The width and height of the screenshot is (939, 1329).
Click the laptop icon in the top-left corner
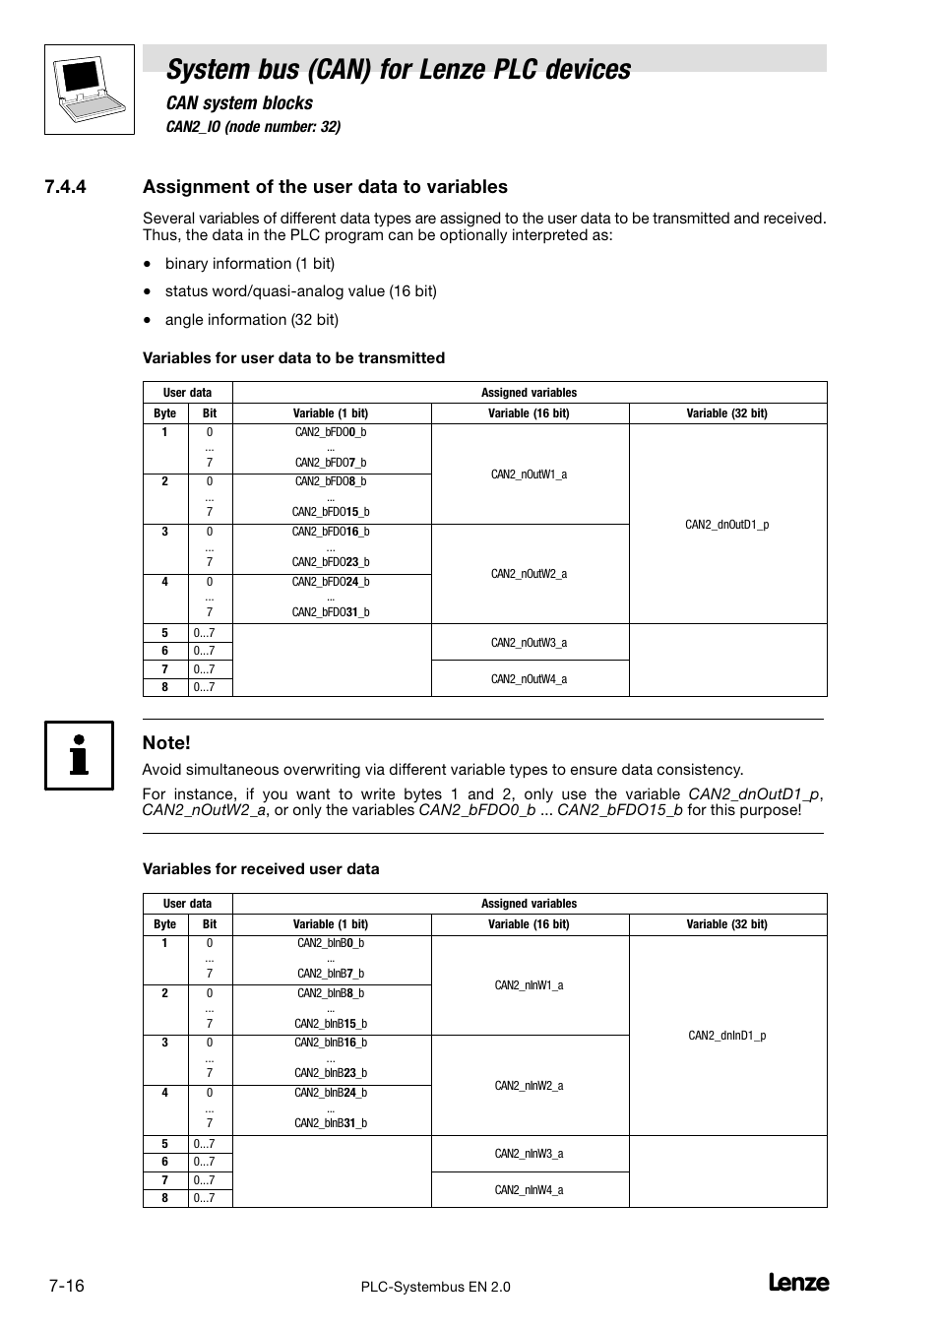(90, 90)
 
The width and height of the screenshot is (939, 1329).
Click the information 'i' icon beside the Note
(79, 755)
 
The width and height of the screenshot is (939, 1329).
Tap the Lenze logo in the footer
(797, 1283)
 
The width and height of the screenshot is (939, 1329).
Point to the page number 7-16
(65, 1286)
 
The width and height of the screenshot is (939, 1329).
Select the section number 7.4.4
(65, 187)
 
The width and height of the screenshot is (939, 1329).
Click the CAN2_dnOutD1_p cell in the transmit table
(727, 525)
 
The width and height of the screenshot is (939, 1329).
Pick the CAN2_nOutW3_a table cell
(529, 643)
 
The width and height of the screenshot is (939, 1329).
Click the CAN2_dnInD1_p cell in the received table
(727, 1036)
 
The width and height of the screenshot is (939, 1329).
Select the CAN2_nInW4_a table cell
(529, 1190)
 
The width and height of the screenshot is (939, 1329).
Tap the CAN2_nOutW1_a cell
(529, 475)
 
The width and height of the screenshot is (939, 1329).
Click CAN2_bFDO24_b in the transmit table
(331, 582)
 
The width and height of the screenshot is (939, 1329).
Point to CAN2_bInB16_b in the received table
(331, 1043)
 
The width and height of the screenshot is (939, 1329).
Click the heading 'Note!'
(166, 743)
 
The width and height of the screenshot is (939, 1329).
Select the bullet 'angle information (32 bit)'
(252, 320)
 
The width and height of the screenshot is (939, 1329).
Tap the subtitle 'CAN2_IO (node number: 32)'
(253, 127)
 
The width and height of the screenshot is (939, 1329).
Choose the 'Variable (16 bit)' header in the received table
(529, 924)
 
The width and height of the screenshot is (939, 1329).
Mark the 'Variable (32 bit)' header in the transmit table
(727, 413)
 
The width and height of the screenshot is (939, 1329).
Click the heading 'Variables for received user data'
(261, 869)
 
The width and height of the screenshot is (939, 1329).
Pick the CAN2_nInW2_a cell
(529, 1086)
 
